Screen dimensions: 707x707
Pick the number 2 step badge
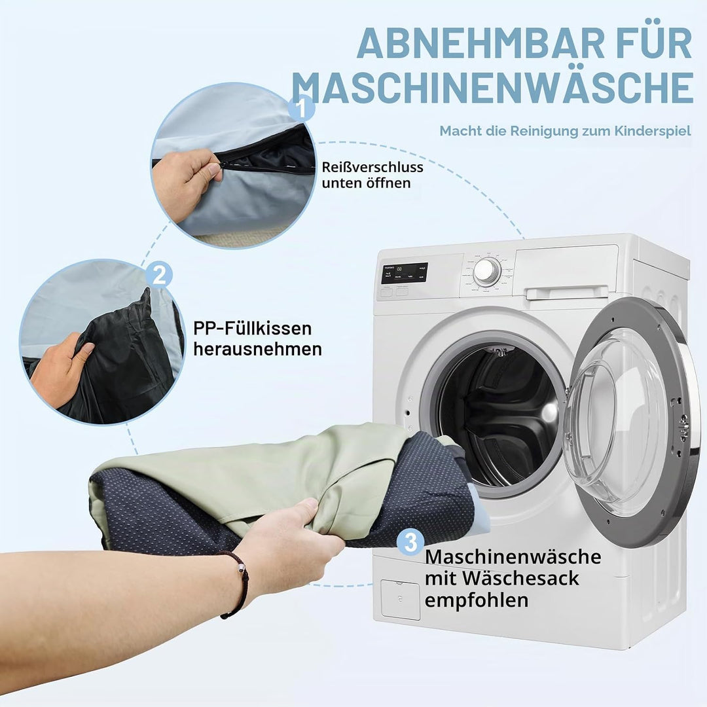(158, 274)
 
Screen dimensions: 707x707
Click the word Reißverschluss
(372, 168)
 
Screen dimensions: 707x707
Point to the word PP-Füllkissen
(253, 328)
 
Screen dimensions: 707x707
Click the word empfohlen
(476, 600)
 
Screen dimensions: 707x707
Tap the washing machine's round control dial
(486, 272)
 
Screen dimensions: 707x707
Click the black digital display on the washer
(404, 273)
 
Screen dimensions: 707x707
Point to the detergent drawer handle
(567, 293)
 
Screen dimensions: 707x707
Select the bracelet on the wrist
(237, 583)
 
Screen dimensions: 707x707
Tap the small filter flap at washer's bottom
(400, 599)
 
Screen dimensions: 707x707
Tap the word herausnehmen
(257, 350)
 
